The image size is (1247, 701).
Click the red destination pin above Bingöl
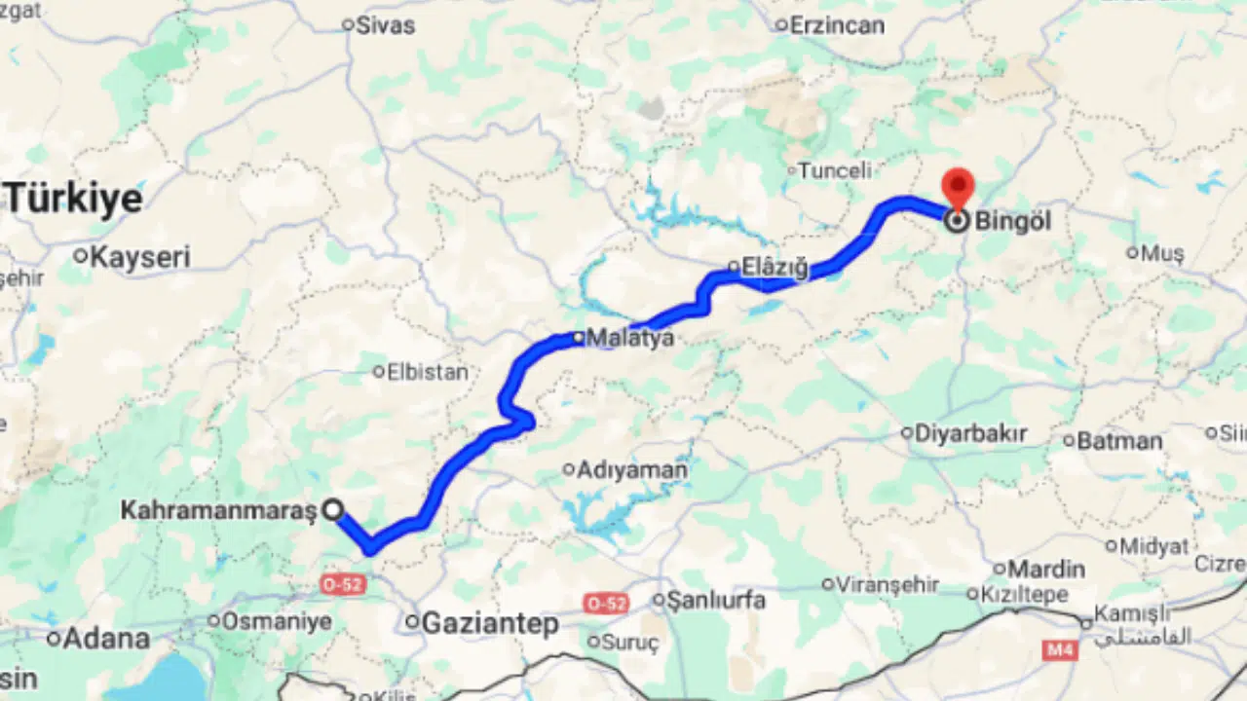point(959,186)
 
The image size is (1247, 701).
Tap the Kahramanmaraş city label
point(218,509)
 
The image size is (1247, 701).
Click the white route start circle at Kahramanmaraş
point(333,509)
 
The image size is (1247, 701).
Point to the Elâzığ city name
point(775,267)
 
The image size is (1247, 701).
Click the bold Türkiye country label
point(74,200)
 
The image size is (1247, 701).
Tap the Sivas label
point(385,25)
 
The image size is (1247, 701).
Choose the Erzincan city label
point(837,25)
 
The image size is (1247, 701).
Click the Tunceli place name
point(834,170)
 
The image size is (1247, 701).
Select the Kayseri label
point(140,257)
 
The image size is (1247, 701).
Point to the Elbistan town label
point(427,371)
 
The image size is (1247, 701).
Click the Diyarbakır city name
point(970,433)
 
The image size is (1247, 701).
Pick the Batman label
point(1119,441)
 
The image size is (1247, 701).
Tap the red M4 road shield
point(1059,649)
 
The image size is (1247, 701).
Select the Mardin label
point(1046,569)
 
